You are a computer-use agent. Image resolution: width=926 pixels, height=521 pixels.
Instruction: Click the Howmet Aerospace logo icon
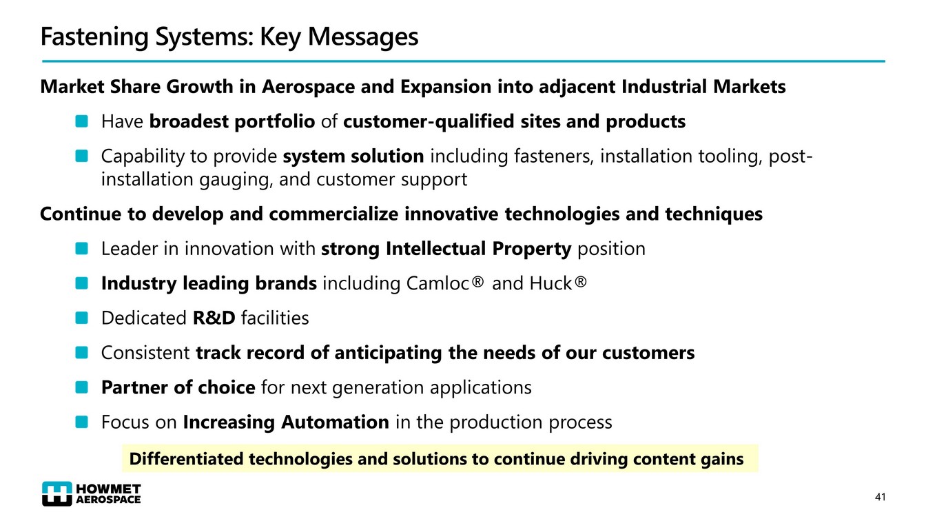pos(57,493)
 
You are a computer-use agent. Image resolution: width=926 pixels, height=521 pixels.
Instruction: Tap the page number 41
pos(881,497)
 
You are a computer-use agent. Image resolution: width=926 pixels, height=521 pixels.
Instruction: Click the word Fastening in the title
pos(94,37)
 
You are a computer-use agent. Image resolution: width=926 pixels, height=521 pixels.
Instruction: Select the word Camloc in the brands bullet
pos(438,284)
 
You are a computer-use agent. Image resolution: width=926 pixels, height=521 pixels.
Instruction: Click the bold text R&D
pos(214,318)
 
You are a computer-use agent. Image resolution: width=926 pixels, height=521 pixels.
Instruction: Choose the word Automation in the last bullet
pos(336,422)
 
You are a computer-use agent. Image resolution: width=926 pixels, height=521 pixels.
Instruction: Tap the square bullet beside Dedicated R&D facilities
pos(82,318)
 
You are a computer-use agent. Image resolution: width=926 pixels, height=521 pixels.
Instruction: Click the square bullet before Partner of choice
pos(82,387)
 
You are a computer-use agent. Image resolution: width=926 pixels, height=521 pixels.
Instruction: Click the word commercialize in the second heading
pos(333,214)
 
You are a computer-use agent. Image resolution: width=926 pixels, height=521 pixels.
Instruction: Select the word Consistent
pos(145,353)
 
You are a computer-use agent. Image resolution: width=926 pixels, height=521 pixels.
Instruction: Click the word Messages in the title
pos(363,37)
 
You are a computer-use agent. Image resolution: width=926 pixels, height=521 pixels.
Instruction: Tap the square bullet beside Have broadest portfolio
pos(82,121)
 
